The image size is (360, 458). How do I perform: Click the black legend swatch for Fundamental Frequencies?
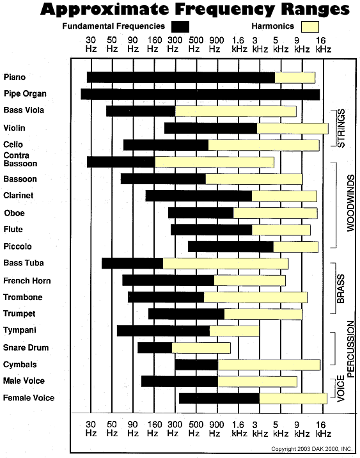[180, 26]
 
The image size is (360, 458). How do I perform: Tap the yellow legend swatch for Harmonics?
[310, 26]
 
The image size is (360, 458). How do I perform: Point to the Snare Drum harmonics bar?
[201, 348]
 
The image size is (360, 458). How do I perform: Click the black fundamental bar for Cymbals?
[196, 365]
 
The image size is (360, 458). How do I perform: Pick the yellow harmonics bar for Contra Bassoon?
[214, 162]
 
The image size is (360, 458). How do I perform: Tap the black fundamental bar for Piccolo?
[231, 247]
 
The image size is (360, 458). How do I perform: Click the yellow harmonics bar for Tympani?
[235, 331]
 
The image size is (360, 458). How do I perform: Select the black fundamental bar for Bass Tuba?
[132, 263]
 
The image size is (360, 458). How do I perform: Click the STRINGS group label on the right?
[341, 129]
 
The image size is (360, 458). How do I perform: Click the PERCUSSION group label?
[350, 348]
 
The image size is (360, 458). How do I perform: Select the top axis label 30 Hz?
[91, 43]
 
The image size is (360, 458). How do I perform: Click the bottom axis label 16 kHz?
[323, 428]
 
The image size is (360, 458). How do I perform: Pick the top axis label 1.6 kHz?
[239, 43]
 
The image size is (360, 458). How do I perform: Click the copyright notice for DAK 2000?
[311, 448]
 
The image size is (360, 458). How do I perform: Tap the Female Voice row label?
[29, 399]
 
